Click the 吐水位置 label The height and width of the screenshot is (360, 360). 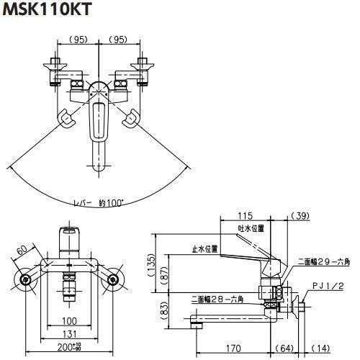coord(251,228)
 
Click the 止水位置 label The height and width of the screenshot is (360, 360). coord(205,248)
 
